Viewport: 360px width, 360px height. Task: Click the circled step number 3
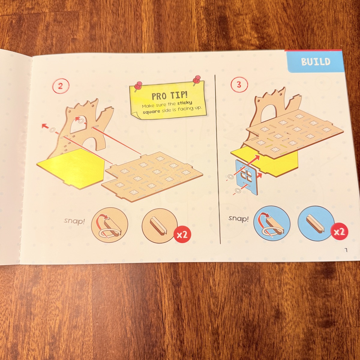[x=239, y=85]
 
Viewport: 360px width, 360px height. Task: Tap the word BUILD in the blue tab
[x=315, y=62]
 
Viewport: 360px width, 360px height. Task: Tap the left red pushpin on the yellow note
[x=139, y=86]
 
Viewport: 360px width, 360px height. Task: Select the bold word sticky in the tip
[x=185, y=103]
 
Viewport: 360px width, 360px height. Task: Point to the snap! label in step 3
[x=239, y=219]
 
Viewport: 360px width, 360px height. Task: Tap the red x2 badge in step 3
[x=339, y=232]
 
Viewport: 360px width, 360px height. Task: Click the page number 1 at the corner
[x=346, y=250]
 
